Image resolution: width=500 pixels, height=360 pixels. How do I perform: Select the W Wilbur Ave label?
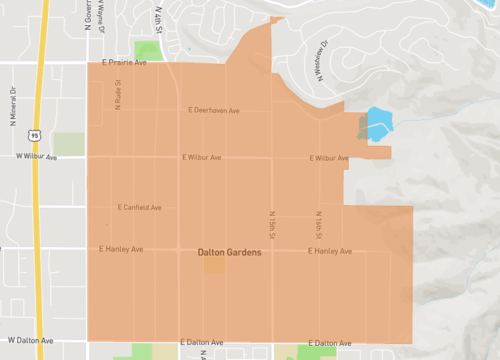click(36, 157)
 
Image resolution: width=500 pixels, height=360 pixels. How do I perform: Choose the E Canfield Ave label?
click(139, 208)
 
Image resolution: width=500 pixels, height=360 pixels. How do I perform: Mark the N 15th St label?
click(271, 223)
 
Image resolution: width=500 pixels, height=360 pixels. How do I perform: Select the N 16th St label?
click(320, 223)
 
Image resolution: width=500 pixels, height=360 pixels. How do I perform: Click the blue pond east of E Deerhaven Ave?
click(377, 124)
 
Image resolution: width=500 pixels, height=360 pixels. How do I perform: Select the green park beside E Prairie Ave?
click(148, 51)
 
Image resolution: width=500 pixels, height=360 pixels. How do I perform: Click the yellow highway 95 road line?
click(36, 200)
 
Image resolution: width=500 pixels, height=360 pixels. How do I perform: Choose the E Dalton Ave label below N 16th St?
click(330, 342)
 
